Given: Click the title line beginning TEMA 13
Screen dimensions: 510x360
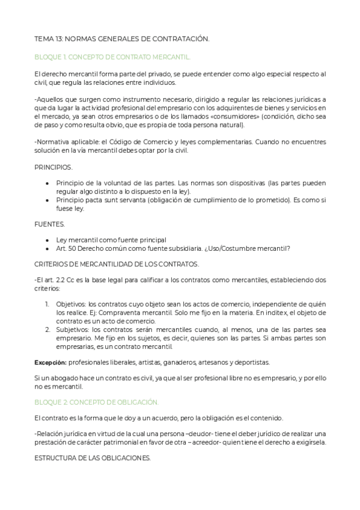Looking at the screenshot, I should (122, 39).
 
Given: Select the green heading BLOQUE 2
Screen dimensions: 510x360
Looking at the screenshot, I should (96, 401).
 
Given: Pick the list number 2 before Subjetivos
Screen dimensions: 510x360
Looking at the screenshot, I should (47, 329).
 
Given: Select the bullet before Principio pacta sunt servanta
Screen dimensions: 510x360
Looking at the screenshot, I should (47, 200).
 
